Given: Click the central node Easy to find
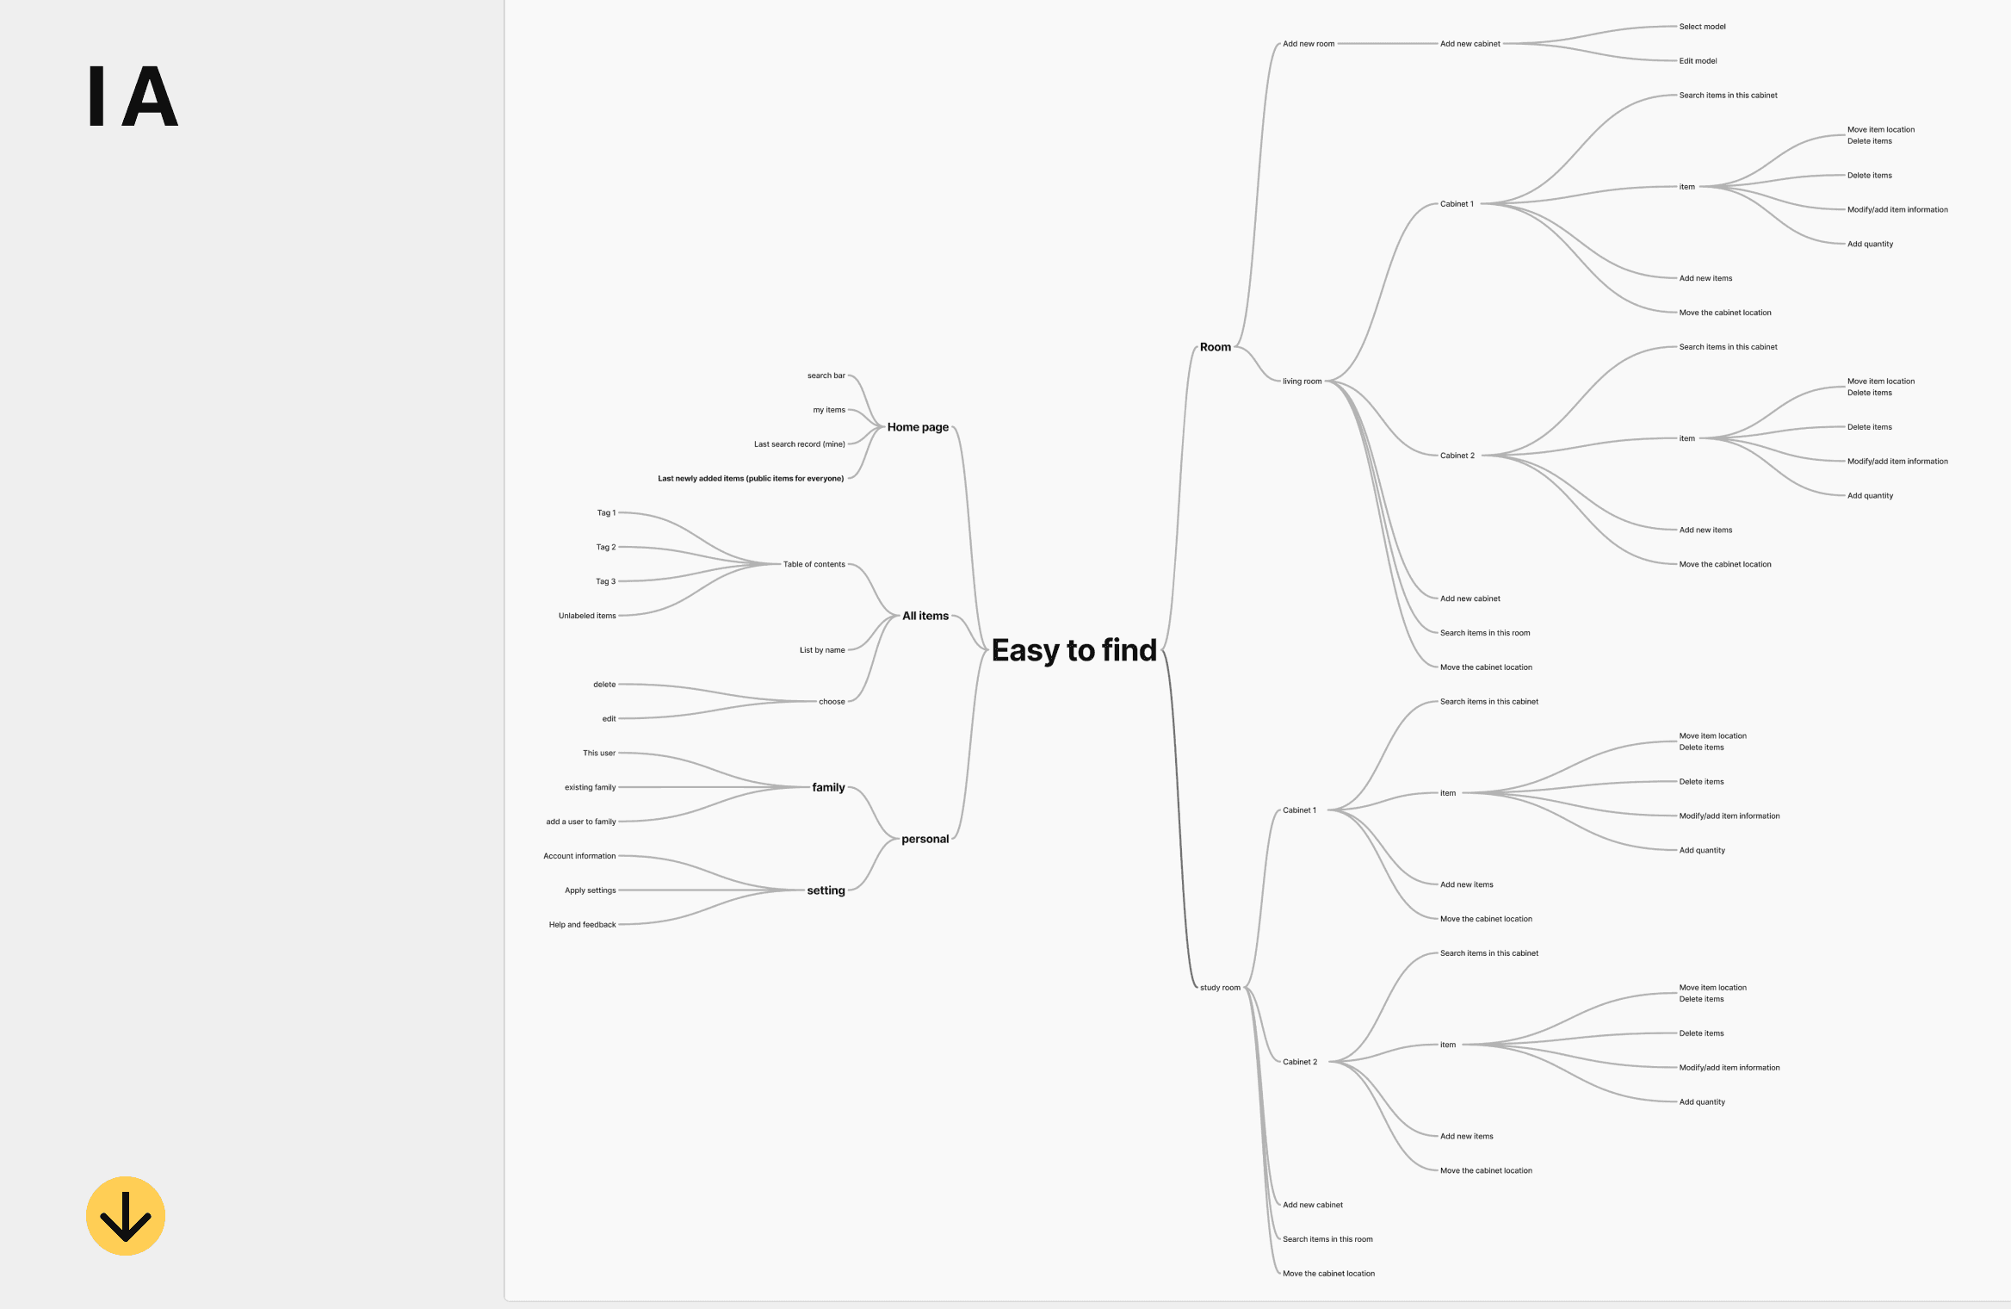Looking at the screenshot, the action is pos(1074,650).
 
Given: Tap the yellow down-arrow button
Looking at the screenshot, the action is pos(126,1215).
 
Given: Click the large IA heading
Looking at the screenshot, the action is pos(133,96).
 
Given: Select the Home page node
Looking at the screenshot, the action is pos(918,427).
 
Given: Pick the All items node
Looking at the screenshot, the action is pos(925,616).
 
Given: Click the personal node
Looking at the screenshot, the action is pos(925,839).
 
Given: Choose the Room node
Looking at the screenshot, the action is pos(1215,347).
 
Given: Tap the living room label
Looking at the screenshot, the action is pos(1302,382).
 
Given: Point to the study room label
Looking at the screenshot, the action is pos(1220,988).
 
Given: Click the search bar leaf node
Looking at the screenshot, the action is pos(826,375).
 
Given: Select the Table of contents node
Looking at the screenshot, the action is pos(814,564).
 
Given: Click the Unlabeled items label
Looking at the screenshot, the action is pos(587,616).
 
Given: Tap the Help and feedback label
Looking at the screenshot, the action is pos(582,925).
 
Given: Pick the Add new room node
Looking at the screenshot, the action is pos(1309,44).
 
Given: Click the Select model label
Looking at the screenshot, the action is pos(1702,27).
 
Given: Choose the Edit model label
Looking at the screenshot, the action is pos(1698,61).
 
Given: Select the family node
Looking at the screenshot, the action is pos(828,787).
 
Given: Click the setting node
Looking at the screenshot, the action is pos(826,890).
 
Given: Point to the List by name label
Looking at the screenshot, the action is pos(822,650).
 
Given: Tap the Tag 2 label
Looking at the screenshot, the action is pos(606,547).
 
